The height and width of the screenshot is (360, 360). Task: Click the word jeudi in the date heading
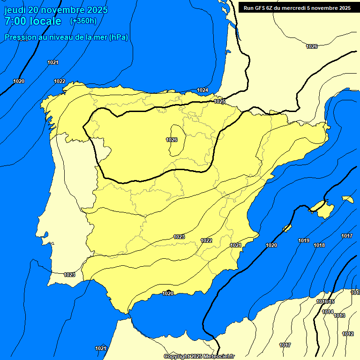(15, 10)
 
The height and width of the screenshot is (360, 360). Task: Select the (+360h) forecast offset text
(83, 21)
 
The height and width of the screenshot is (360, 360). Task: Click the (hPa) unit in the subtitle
(119, 37)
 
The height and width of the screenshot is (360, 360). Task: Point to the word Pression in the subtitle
(20, 37)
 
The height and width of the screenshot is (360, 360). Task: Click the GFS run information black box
(297, 7)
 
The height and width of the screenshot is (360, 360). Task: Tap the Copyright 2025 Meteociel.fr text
(199, 356)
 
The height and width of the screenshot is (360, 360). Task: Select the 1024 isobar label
(202, 90)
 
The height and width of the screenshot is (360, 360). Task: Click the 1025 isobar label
(219, 101)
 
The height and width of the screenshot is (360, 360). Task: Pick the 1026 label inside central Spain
(172, 140)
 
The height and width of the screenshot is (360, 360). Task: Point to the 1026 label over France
(312, 46)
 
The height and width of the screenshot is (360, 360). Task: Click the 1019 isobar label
(304, 240)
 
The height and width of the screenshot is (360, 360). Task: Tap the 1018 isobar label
(319, 245)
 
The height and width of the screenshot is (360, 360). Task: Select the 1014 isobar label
(328, 312)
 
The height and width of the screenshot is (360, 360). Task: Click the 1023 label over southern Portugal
(69, 275)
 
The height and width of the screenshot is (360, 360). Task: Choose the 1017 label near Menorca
(347, 236)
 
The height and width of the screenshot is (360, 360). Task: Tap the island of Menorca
(347, 199)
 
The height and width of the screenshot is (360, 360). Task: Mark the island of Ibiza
(287, 228)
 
